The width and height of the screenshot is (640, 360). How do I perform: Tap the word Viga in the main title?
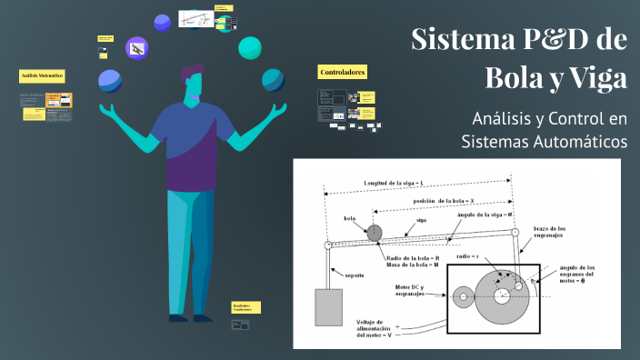click(x=596, y=78)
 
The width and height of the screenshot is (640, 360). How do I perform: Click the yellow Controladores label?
click(x=342, y=71)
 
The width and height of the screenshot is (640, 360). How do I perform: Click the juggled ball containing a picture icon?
click(x=135, y=48)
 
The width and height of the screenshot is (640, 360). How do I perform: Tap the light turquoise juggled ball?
click(x=250, y=46)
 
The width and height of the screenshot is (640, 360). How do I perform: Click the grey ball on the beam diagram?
click(x=374, y=233)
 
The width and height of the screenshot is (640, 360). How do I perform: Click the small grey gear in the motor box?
click(x=465, y=295)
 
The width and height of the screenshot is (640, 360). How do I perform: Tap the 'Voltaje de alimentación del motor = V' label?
click(x=374, y=330)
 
